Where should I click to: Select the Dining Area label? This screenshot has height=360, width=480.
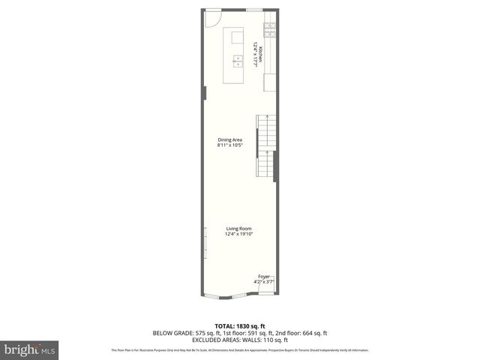[229, 139]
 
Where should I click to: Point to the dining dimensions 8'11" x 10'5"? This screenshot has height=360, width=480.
[229, 145]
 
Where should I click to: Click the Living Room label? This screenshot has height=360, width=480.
[239, 229]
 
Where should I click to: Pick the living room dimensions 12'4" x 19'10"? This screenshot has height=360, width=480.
[239, 234]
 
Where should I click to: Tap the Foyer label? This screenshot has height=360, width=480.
[264, 277]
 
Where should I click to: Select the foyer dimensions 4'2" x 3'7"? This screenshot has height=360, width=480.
[265, 282]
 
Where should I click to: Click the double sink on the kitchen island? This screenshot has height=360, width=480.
[237, 60]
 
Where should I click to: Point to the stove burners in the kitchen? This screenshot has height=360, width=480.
[268, 31]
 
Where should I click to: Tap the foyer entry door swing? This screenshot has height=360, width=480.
[267, 288]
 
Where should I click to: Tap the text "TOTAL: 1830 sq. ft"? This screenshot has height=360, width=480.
[240, 326]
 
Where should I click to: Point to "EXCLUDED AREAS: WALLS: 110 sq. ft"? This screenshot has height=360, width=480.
[240, 340]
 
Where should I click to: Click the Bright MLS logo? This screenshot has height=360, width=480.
[30, 349]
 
